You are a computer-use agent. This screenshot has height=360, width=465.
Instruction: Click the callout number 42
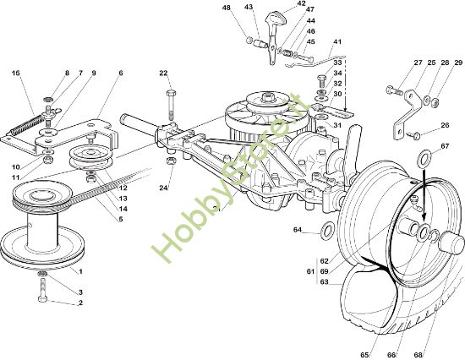coord(301,3)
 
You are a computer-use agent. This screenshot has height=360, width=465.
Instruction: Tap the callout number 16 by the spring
coord(16,73)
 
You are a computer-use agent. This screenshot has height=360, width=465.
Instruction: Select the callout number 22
coord(163,73)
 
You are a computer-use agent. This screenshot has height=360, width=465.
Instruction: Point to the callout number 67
coord(445,146)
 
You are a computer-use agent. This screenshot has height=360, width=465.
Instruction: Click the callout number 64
coord(298,230)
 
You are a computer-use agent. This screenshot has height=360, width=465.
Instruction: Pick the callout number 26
coord(445,125)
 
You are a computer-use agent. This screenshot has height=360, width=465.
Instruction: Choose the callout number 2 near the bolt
coord(80,303)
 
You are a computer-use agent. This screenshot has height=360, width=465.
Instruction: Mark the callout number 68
coord(418,355)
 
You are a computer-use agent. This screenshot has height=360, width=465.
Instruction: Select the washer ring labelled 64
coord(326,231)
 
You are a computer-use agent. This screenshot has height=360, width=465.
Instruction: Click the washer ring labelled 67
coord(424,157)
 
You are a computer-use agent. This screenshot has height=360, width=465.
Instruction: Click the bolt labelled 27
coord(394,90)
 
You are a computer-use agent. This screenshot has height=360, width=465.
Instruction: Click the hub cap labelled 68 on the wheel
coord(451,243)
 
